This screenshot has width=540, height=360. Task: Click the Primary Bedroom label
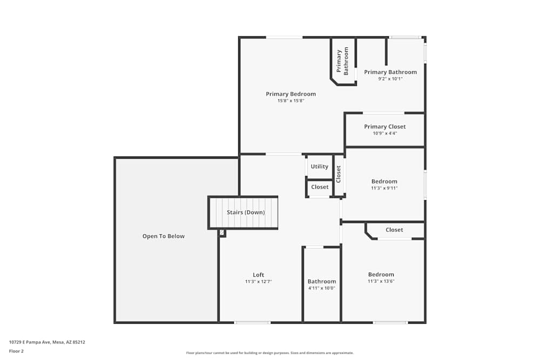coord(291,94)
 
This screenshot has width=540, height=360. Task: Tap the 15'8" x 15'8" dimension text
coord(291,101)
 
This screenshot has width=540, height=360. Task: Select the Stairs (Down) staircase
coord(244,213)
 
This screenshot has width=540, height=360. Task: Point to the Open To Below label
coord(164,236)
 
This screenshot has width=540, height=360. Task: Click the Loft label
coord(259,275)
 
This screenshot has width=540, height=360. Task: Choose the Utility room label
coord(320,167)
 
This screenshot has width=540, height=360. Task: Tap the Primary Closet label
coord(384,127)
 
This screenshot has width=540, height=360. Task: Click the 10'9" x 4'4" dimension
coord(384,133)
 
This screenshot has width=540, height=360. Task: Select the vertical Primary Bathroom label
coord(342,61)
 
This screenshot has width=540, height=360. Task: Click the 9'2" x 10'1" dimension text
coord(390,79)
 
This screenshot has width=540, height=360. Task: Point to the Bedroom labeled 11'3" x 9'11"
coord(384,181)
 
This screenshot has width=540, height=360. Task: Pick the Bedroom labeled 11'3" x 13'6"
coord(381,274)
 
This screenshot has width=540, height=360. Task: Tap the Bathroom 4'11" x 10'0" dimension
coord(322,288)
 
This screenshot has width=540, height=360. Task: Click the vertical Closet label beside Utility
coord(339,174)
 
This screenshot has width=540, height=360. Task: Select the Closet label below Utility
coord(320,187)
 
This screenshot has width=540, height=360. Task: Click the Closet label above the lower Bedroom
coord(394,230)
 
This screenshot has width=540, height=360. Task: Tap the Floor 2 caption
coord(16,351)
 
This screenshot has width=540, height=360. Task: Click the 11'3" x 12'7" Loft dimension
coord(259,282)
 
